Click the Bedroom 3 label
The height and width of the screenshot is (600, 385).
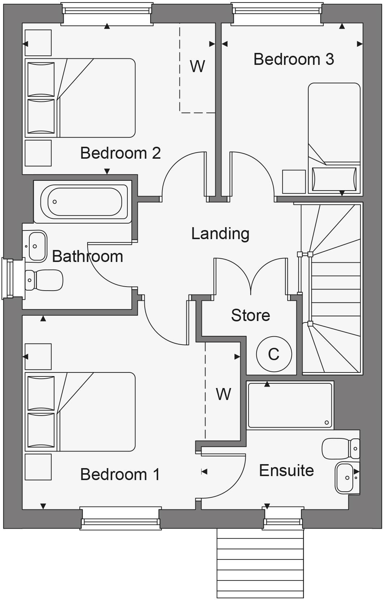coord(293,59)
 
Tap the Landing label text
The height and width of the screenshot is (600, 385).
coord(220,234)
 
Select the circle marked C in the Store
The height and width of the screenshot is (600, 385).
coord(274,354)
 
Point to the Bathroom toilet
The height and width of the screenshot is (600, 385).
coord(44,280)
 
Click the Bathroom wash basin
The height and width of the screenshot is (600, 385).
coord(37,246)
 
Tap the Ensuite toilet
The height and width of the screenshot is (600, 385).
coord(340,449)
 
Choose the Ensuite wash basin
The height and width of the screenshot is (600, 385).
coord(346,478)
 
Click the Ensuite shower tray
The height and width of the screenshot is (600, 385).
coord(289,405)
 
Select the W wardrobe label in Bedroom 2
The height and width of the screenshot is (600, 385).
coord(197,66)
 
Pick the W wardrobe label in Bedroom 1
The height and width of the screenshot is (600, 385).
coord(223,394)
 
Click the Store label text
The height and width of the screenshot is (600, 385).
coord(250,316)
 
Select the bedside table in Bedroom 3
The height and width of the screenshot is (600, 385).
coord(293,182)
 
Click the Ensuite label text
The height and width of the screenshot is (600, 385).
coord(286,471)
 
